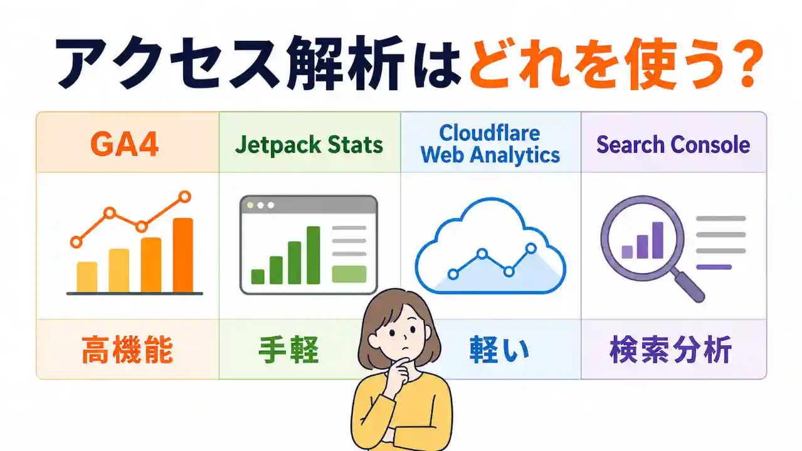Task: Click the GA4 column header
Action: (x=124, y=144)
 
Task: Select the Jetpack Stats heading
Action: (x=309, y=145)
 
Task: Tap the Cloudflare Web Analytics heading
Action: (x=490, y=143)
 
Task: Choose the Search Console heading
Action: (x=673, y=145)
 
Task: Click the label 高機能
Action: (x=127, y=351)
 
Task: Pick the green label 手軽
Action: (x=288, y=351)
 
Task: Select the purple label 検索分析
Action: (x=670, y=351)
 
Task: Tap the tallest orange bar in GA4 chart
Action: (x=182, y=255)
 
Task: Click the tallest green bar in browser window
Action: (x=313, y=255)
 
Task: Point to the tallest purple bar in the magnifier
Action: (x=657, y=241)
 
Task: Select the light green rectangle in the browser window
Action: (x=349, y=274)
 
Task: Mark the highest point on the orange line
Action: (x=184, y=197)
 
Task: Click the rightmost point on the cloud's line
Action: (x=531, y=249)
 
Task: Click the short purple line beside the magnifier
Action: (x=714, y=267)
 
